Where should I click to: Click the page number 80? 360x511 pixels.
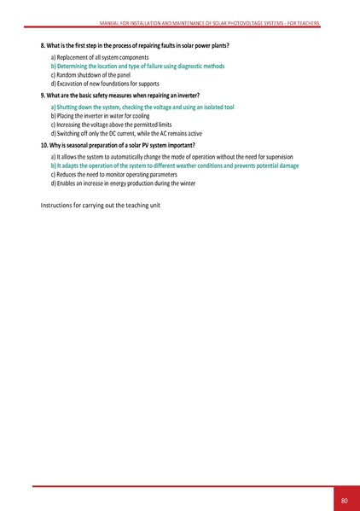pos(344,499)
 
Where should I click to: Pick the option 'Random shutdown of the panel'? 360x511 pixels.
pos(93,74)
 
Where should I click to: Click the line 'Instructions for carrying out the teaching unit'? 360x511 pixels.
pos(102,206)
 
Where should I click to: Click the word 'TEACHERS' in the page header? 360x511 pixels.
pos(304,23)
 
